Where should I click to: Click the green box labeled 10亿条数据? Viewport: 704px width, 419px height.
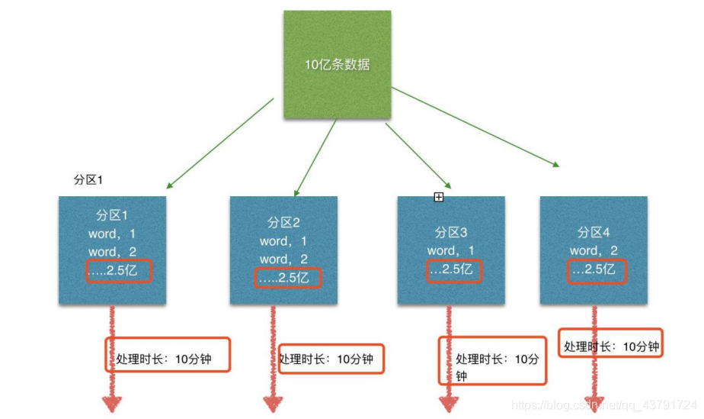click(338, 65)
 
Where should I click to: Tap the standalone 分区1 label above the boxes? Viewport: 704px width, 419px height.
click(88, 179)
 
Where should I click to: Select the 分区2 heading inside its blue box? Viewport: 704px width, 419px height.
click(283, 223)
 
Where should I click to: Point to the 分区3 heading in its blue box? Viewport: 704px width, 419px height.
click(451, 232)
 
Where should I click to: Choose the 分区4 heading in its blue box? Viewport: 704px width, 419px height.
click(594, 232)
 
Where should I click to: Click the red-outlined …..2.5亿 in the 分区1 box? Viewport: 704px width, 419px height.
click(118, 270)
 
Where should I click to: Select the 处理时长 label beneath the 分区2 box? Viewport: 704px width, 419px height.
click(326, 359)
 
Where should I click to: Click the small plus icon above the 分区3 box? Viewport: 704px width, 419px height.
click(439, 198)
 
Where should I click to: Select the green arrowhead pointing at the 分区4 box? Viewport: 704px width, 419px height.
click(557, 163)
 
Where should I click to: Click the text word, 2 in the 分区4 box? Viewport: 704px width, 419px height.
click(594, 250)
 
